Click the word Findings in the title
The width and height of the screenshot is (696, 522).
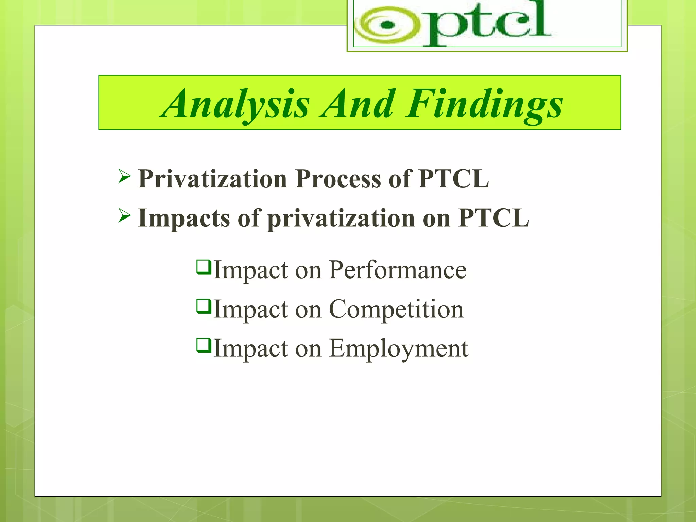484,104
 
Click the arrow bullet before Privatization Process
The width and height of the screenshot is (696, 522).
125,177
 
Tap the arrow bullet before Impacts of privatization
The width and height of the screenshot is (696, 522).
125,216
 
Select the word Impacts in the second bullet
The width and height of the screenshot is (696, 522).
184,219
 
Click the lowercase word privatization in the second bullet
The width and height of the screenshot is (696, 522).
341,219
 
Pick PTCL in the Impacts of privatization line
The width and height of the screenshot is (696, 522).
493,218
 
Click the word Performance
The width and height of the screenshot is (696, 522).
398,270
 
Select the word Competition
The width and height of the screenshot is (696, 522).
396,309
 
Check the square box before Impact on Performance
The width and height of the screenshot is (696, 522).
204,267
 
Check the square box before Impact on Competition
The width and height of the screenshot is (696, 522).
204,306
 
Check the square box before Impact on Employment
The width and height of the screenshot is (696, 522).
204,345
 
